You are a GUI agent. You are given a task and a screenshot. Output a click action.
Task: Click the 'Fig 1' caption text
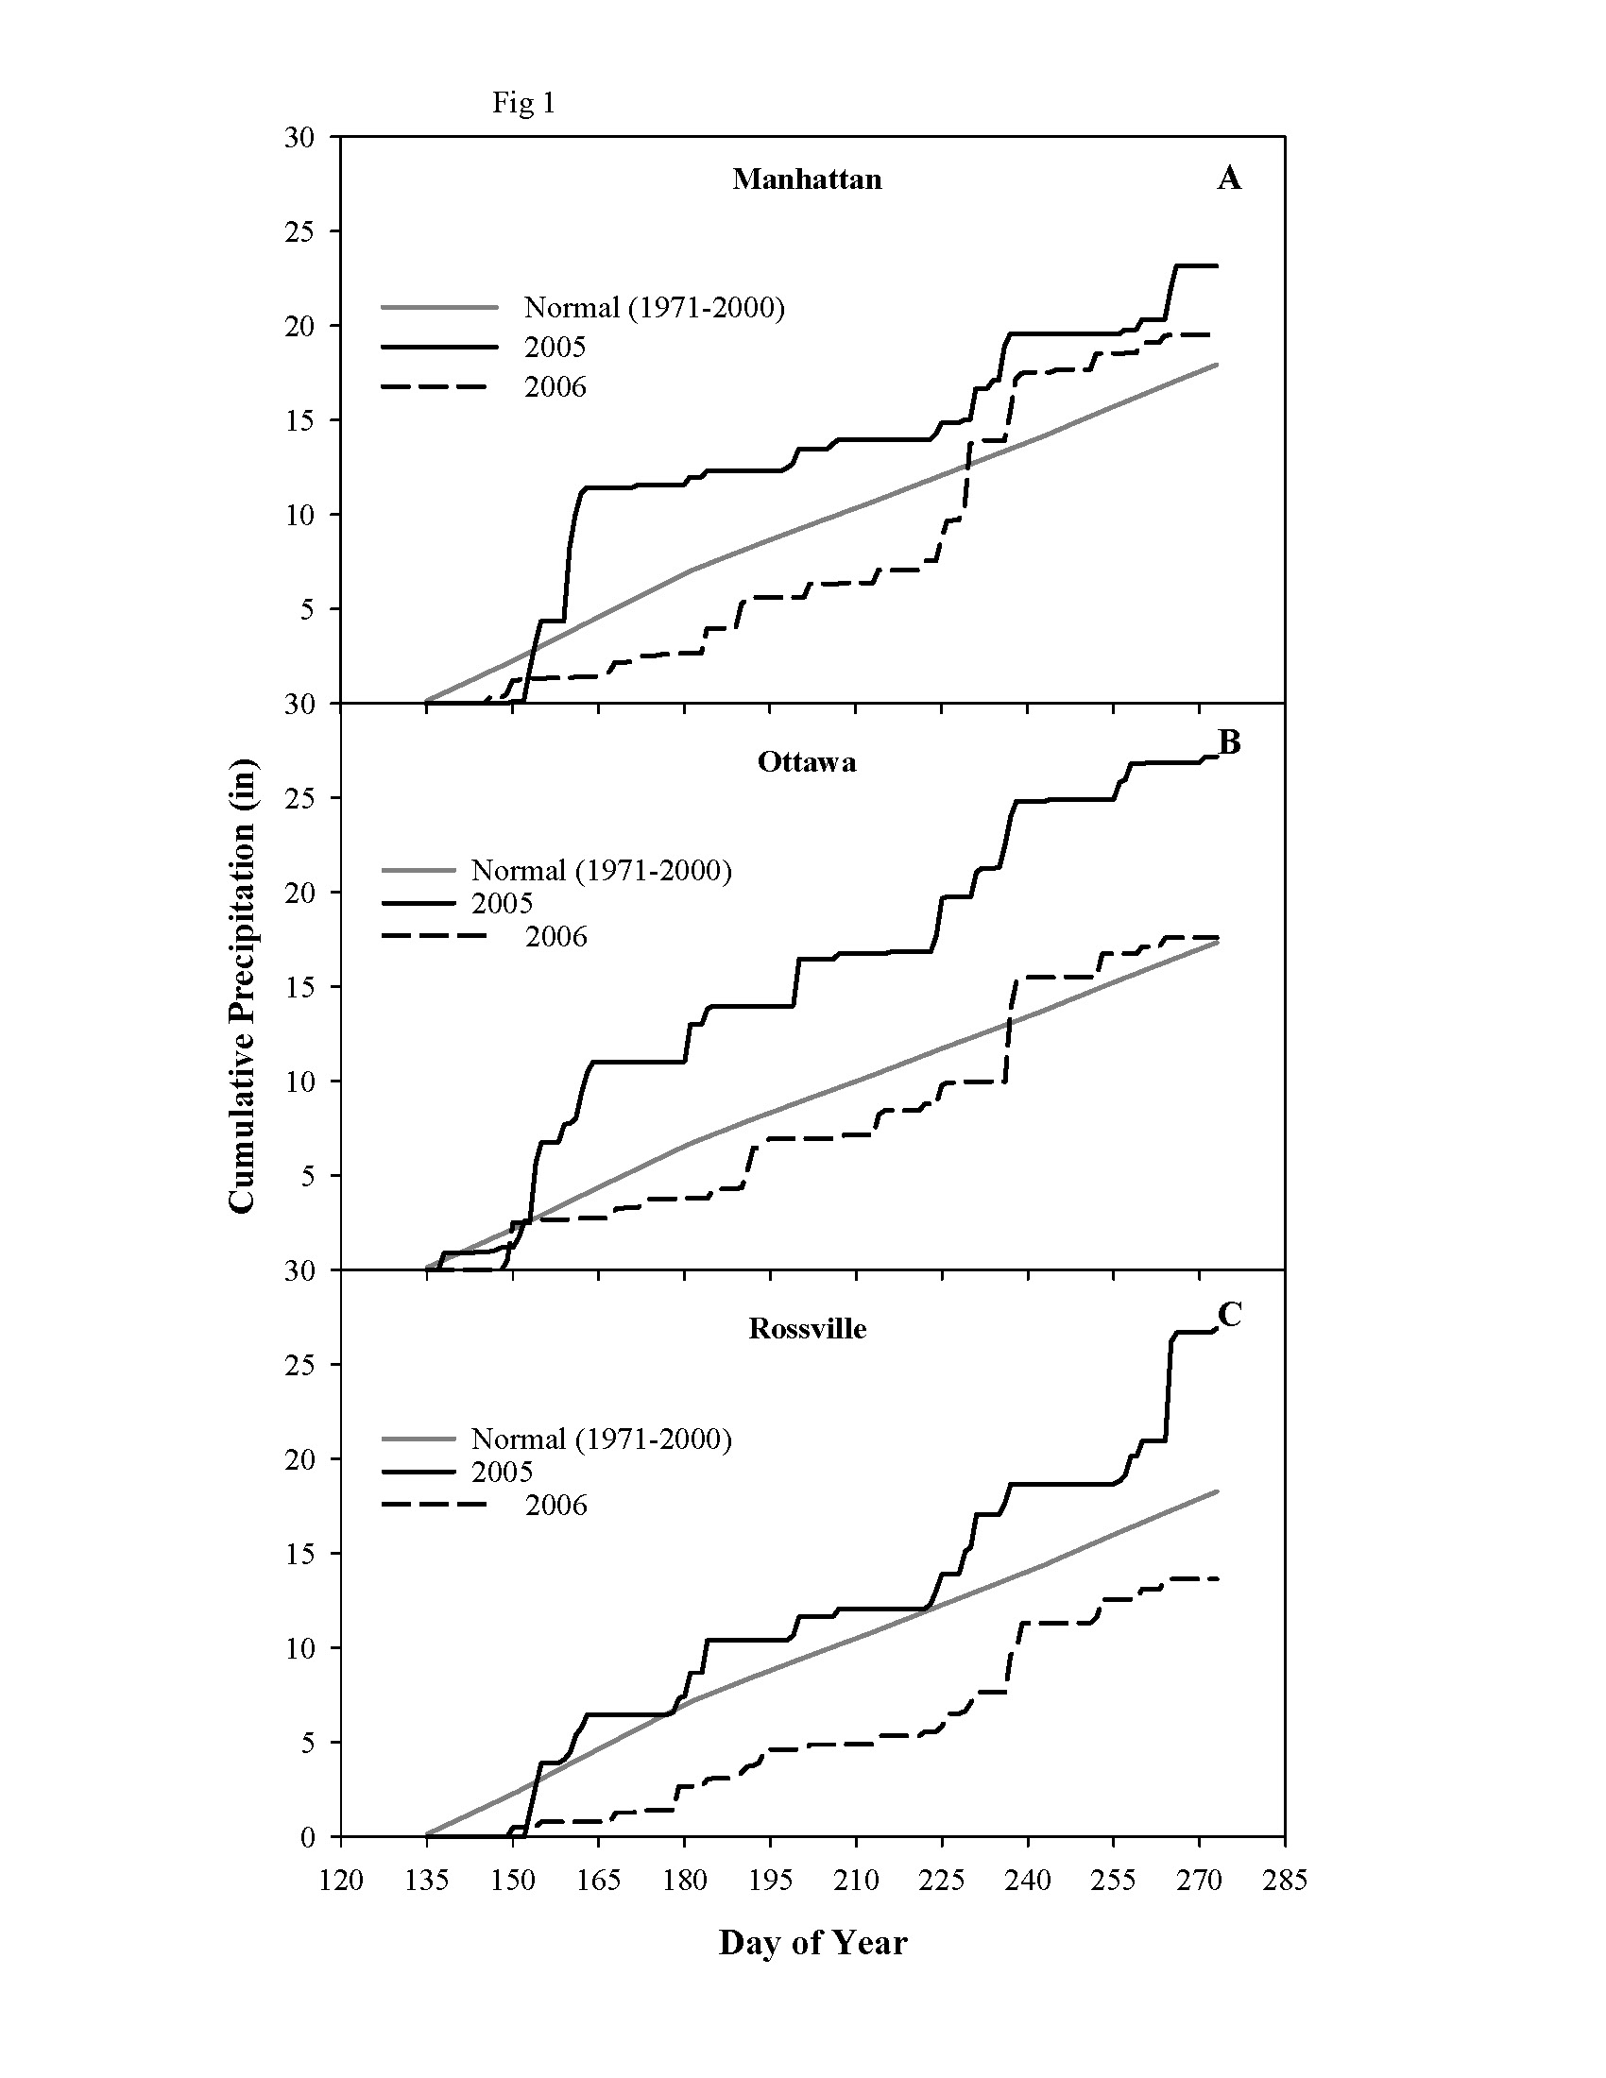click(x=523, y=103)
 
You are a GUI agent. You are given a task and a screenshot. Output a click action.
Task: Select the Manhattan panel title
click(x=807, y=179)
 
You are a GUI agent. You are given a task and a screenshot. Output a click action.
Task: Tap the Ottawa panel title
click(x=807, y=762)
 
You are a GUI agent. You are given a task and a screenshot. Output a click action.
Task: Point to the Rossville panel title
click(x=807, y=1329)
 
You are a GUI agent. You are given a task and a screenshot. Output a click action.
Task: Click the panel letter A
click(x=1228, y=178)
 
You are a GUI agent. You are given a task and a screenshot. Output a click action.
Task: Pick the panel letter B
click(x=1229, y=742)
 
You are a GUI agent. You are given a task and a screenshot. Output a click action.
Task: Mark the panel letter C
click(x=1229, y=1315)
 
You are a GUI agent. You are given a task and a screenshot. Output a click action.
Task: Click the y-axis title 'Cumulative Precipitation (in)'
click(x=243, y=986)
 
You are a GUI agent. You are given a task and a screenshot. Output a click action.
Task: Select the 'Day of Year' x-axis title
click(x=812, y=1942)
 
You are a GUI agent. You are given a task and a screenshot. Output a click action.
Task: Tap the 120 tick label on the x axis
click(x=341, y=1880)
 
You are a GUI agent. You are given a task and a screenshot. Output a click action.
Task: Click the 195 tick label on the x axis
click(x=771, y=1880)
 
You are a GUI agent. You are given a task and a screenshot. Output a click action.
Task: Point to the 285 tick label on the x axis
click(x=1285, y=1880)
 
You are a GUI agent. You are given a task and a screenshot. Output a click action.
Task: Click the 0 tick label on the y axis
click(x=307, y=1837)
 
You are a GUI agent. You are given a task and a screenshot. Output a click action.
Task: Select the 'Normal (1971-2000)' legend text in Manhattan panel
click(x=654, y=307)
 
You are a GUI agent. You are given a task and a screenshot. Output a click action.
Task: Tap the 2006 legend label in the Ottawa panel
click(x=556, y=937)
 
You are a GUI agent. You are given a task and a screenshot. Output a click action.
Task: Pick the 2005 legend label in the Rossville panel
click(x=503, y=1472)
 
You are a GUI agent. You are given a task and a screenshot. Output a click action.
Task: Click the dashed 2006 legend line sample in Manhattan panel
click(x=434, y=386)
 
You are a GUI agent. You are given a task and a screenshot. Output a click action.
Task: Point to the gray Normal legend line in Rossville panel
click(x=419, y=1439)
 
